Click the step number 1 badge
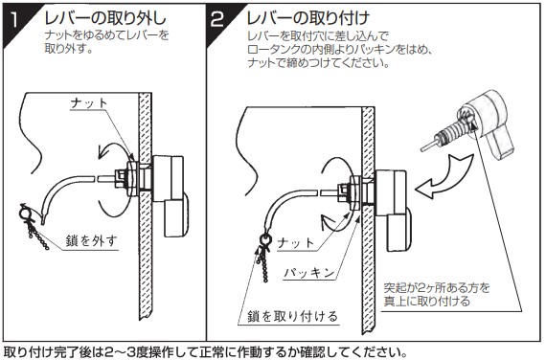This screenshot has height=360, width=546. (x=15, y=22)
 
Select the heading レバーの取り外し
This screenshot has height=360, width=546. (x=105, y=18)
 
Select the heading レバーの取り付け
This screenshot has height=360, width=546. (x=308, y=18)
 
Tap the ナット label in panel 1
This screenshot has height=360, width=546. (x=89, y=103)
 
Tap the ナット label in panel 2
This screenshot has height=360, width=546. (x=296, y=242)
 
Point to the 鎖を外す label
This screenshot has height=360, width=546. (x=91, y=241)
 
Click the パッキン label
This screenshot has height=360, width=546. (x=309, y=273)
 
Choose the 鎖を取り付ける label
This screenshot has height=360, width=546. (x=293, y=316)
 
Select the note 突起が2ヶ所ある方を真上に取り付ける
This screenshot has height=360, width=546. (x=437, y=295)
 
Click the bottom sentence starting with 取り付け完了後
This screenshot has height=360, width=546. (x=205, y=352)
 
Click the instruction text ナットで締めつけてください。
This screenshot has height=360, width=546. (x=318, y=63)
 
